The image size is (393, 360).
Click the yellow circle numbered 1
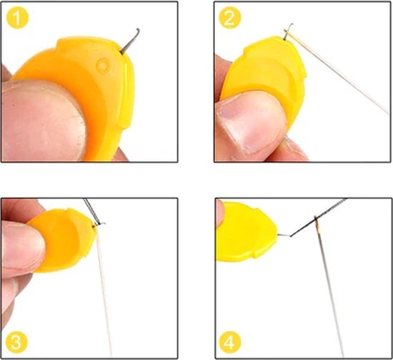pyautogui.click(x=17, y=18)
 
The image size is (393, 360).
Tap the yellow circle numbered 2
pyautogui.click(x=230, y=18)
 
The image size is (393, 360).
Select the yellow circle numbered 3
pyautogui.click(x=16, y=342)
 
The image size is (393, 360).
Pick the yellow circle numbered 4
pyautogui.click(x=230, y=342)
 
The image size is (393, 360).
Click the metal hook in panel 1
pyautogui.click(x=129, y=41)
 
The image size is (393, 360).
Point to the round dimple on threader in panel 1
pyautogui.click(x=103, y=66)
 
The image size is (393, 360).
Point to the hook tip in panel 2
pyautogui.click(x=292, y=24)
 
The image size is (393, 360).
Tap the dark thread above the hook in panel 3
pyautogui.click(x=91, y=211)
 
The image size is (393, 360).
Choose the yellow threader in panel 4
pyautogui.click(x=247, y=231)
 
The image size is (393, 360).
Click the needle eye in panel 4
pyautogui.click(x=317, y=221)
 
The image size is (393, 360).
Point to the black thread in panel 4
pyautogui.click(x=318, y=217)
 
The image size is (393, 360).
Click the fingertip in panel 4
pyautogui.click(x=220, y=213)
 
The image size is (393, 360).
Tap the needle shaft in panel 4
pyautogui.click(x=329, y=288)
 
